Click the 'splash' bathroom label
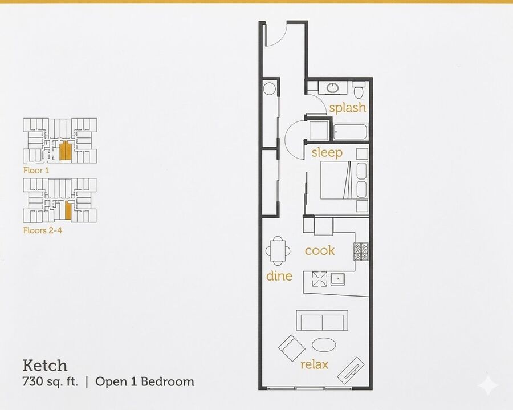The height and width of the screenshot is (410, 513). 348,108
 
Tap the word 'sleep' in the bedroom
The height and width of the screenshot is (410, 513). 327,152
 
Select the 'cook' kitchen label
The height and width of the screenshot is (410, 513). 320,251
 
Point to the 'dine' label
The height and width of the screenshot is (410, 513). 279,276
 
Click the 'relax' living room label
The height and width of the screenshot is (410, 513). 314,364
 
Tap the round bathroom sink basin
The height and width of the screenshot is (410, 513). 333,88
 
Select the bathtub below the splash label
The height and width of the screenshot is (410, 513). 351,132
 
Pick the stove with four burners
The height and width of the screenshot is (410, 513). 361,251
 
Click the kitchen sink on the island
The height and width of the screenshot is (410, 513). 337,279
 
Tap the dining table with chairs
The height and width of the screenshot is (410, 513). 278,251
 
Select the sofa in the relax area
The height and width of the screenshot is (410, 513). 322,320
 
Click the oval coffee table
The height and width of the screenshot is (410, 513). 324,344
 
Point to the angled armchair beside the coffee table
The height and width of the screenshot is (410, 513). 292,348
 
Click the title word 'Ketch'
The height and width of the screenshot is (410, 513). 45,366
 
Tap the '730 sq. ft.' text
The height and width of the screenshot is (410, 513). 50,382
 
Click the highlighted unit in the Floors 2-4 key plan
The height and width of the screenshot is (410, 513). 68,210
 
